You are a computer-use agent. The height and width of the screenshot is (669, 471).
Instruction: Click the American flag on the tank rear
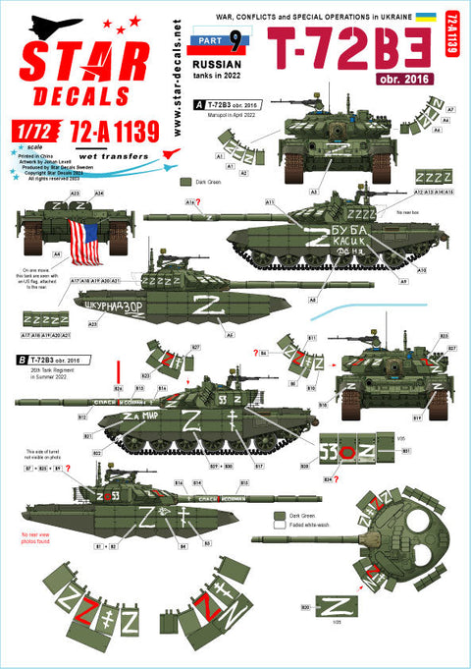90,239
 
